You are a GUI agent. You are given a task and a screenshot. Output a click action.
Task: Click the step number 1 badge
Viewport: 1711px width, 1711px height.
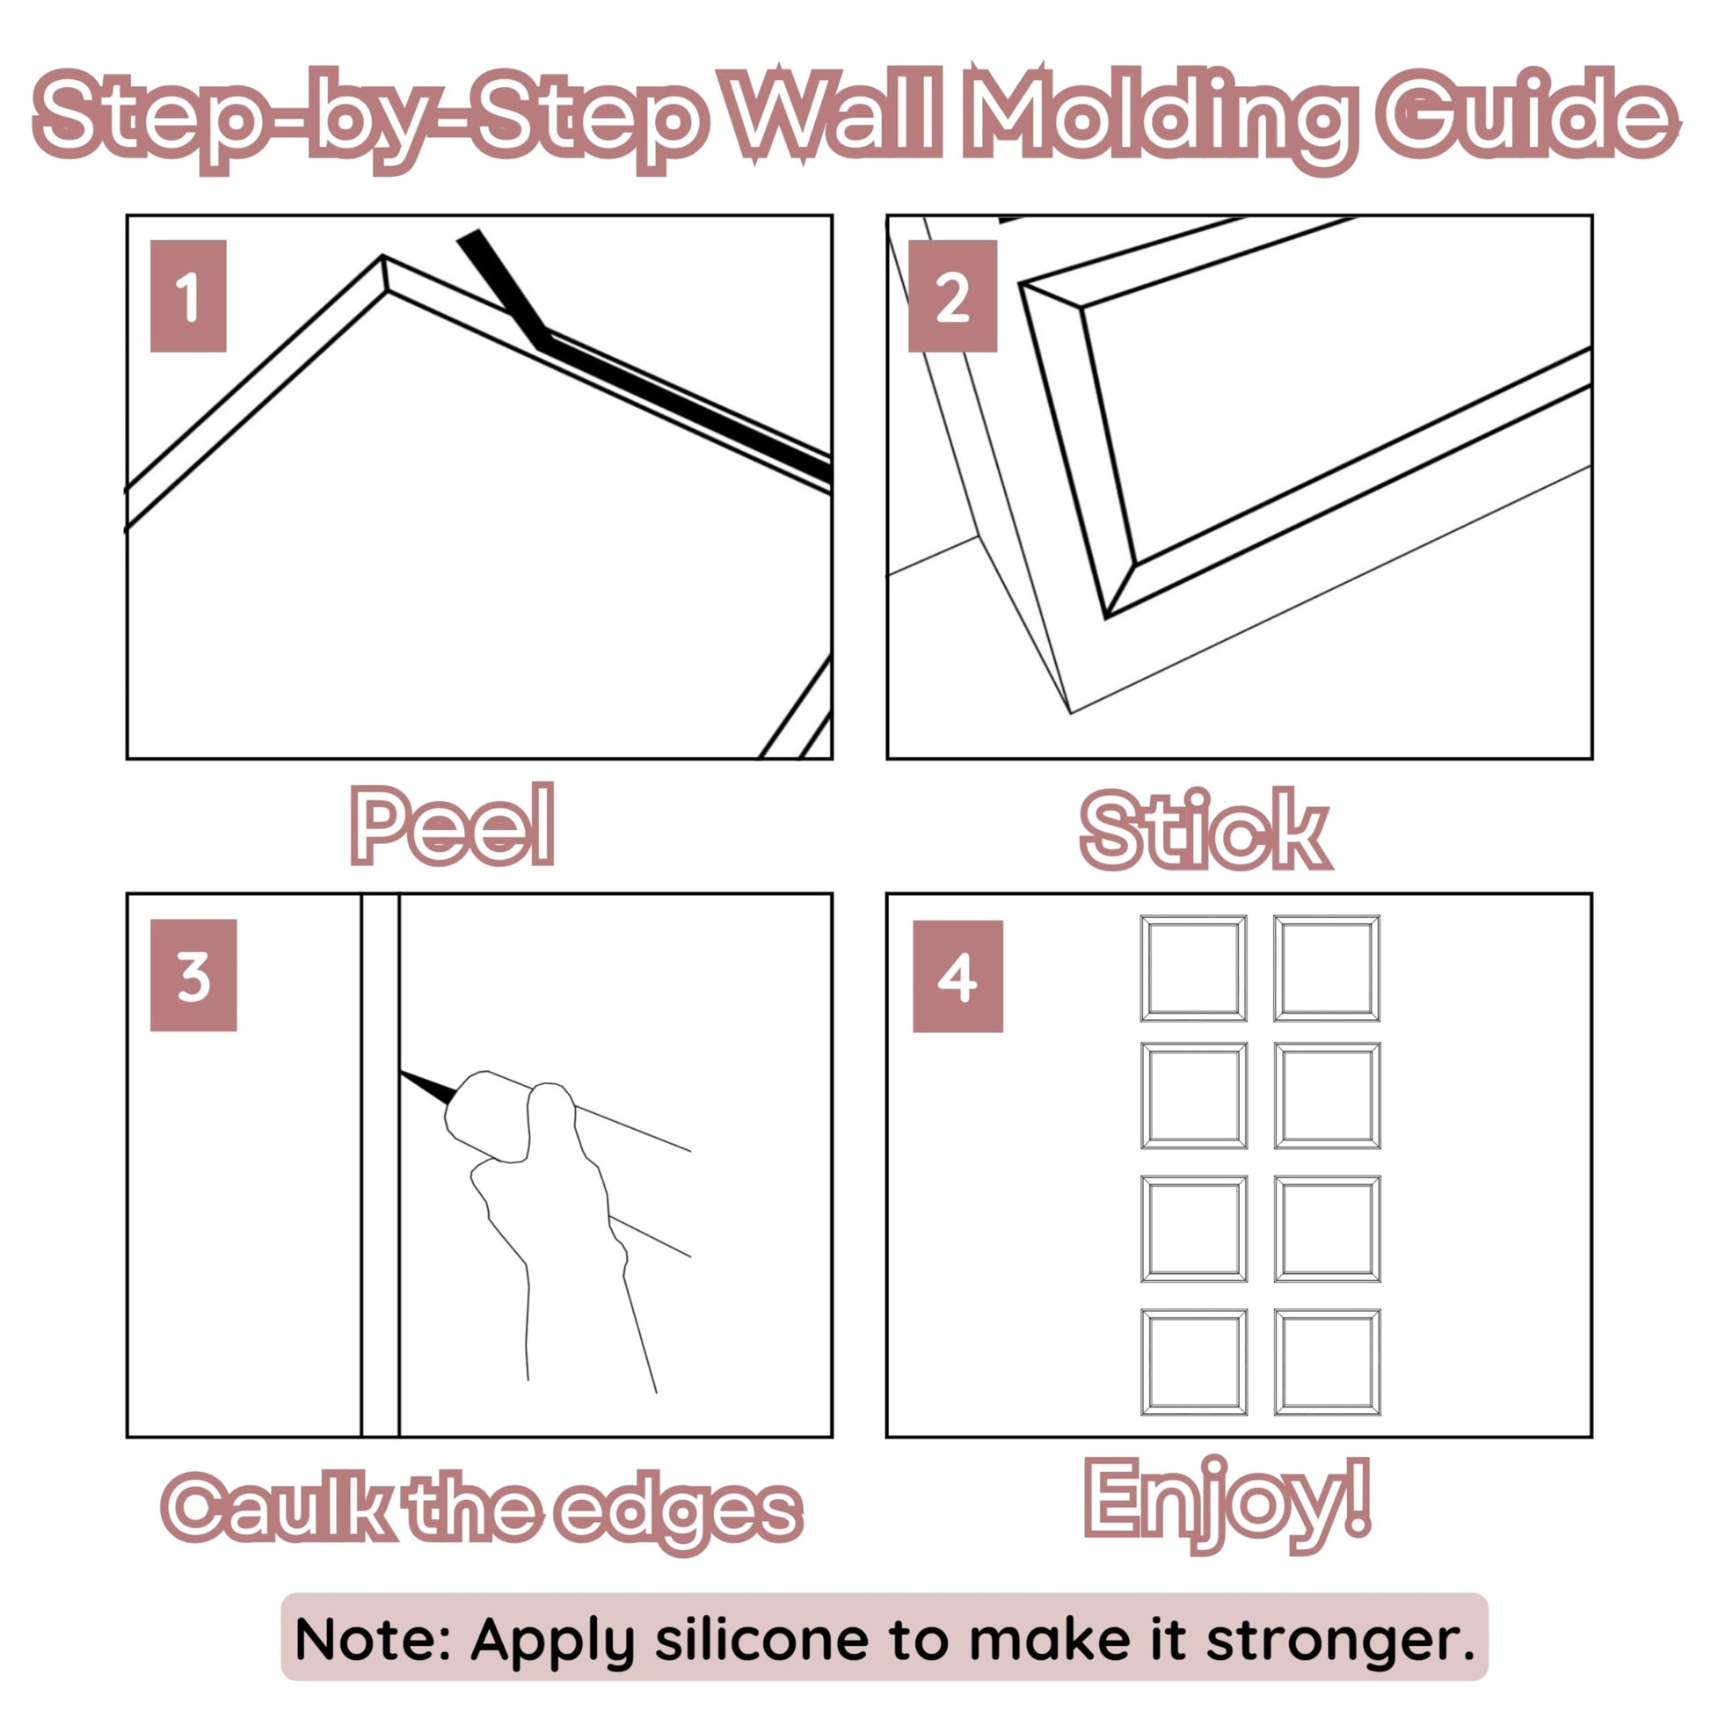point(188,295)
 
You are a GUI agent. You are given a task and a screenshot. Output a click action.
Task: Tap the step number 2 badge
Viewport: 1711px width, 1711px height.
point(952,295)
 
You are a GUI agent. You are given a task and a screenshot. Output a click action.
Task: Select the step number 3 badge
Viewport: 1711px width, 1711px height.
point(193,975)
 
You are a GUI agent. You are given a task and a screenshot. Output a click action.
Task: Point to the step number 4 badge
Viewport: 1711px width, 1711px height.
point(957,976)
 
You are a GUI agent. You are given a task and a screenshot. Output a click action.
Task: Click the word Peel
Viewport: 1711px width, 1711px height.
point(453,826)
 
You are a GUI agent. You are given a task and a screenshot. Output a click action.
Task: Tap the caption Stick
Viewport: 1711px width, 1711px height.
point(1205,829)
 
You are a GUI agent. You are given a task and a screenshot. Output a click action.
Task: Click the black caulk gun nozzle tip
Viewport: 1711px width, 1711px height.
point(403,1074)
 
